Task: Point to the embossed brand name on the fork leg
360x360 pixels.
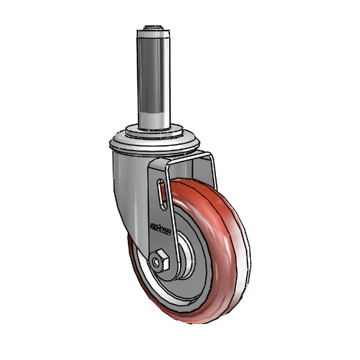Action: coord(160,229)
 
